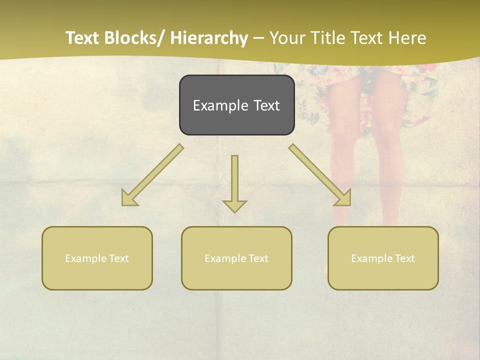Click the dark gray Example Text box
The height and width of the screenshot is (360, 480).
pyautogui.click(x=236, y=105)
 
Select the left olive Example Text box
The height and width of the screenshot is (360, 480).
pyautogui.click(x=97, y=258)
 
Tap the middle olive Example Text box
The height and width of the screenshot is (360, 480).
pyautogui.click(x=236, y=258)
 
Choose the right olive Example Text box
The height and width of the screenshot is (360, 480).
pyautogui.click(x=383, y=258)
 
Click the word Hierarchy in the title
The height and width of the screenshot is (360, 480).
pyautogui.click(x=209, y=38)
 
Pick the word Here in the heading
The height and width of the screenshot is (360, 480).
pyautogui.click(x=408, y=38)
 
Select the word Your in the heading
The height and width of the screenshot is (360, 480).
pyautogui.click(x=287, y=38)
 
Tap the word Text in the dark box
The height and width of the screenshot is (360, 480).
pyautogui.click(x=265, y=105)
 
